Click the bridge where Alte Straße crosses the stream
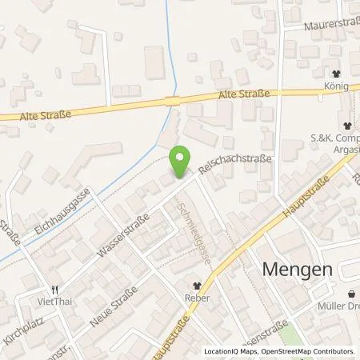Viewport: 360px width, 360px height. (170, 102)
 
